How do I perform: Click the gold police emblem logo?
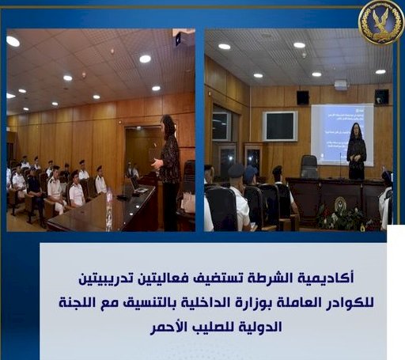tap(381, 22)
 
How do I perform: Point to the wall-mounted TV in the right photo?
tap(281, 125)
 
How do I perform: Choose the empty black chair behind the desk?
tap(309, 167)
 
